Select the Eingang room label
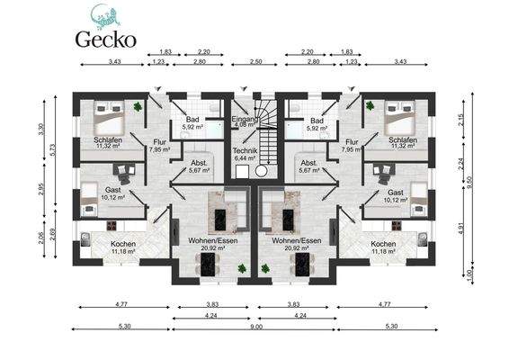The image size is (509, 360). coord(245,120)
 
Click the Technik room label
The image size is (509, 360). coord(245,149)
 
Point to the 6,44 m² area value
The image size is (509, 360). coord(245,157)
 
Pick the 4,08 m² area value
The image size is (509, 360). coord(245,128)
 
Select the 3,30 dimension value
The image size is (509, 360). coord(40,129)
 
